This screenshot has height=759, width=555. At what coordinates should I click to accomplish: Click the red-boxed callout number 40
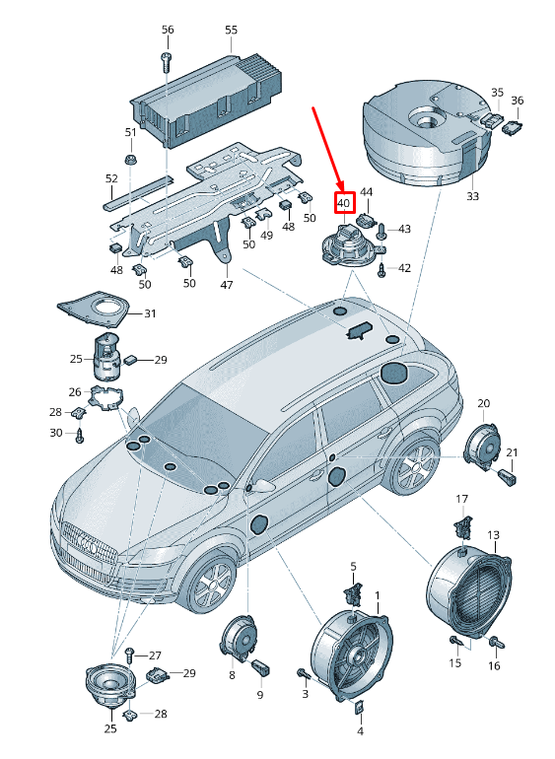[x=343, y=203]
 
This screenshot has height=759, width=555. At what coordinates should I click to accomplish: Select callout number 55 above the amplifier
[x=232, y=30]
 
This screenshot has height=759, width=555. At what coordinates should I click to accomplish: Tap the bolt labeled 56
[x=167, y=62]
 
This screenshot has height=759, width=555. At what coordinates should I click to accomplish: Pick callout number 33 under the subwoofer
[x=472, y=196]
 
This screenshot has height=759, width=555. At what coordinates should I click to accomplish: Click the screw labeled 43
[x=382, y=231]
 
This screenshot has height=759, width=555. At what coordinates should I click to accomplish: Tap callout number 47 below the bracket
[x=227, y=285]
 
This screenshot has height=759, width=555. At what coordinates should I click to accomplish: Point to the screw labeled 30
[x=80, y=435]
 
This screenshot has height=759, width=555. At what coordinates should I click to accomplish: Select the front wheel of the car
[x=211, y=584]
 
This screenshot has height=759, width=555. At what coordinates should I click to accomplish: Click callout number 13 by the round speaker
[x=493, y=535]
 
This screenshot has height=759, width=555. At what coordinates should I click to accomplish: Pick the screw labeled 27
[x=129, y=656]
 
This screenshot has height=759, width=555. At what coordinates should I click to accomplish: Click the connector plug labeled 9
[x=261, y=668]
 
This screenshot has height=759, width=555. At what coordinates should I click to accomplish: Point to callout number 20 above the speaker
[x=484, y=403]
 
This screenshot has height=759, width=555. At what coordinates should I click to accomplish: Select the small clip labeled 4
[x=360, y=707]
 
